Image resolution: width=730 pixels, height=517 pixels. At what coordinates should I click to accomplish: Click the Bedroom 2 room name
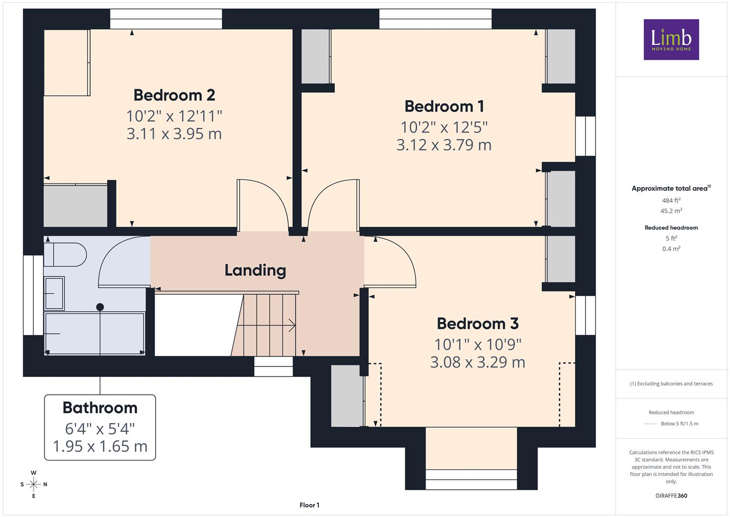point(174,95)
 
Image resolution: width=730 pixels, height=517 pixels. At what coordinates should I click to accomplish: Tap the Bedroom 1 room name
point(444,106)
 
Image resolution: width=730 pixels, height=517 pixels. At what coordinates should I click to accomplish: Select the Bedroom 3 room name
point(478,324)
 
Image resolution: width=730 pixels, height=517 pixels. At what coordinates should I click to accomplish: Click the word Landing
point(255,270)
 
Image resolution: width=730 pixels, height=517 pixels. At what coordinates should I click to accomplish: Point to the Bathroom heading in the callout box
point(100,408)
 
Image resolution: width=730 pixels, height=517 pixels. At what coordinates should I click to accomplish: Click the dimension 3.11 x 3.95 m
point(174,134)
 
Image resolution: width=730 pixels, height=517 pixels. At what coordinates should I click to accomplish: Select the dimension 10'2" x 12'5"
point(444,127)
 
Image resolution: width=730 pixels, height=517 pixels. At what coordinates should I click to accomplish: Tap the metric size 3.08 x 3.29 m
point(478,362)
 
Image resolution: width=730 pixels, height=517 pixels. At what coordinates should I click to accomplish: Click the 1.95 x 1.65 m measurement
point(100,446)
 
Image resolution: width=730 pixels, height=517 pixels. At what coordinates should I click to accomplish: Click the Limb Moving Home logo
point(671,39)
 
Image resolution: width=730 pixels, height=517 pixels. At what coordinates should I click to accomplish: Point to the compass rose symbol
point(33,484)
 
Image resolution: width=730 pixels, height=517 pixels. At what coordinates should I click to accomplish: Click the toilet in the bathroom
point(65,255)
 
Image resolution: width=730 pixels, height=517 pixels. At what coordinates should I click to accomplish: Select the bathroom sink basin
point(54,293)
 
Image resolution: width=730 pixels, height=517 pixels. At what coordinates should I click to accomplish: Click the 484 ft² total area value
point(671,201)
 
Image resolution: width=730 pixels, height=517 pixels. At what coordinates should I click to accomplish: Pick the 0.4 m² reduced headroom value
point(671,249)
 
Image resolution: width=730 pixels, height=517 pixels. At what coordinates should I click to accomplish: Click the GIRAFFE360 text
point(671,496)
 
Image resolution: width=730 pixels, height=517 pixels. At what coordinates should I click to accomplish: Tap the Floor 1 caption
point(309,505)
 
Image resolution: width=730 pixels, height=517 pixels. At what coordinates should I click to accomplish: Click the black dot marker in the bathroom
point(100,307)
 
